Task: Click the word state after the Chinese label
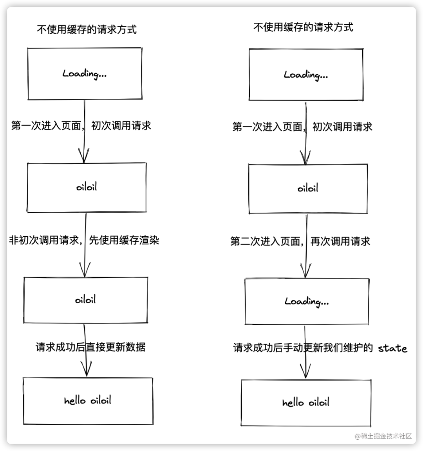(x=392, y=348)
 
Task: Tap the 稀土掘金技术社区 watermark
(x=383, y=436)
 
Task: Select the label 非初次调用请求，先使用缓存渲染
(x=84, y=240)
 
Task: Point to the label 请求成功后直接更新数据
(x=90, y=347)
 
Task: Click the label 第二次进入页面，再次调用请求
(x=300, y=241)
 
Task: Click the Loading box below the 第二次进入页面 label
(x=307, y=301)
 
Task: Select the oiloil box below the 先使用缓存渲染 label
(x=86, y=300)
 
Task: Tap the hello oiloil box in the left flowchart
(x=88, y=401)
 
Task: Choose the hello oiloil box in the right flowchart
(x=306, y=402)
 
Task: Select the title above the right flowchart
(x=303, y=27)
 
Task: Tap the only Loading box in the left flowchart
(x=84, y=74)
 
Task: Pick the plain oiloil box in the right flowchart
(x=308, y=188)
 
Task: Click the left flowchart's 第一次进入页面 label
(x=81, y=126)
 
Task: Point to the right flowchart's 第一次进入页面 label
(x=302, y=127)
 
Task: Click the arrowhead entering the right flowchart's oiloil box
(x=305, y=159)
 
